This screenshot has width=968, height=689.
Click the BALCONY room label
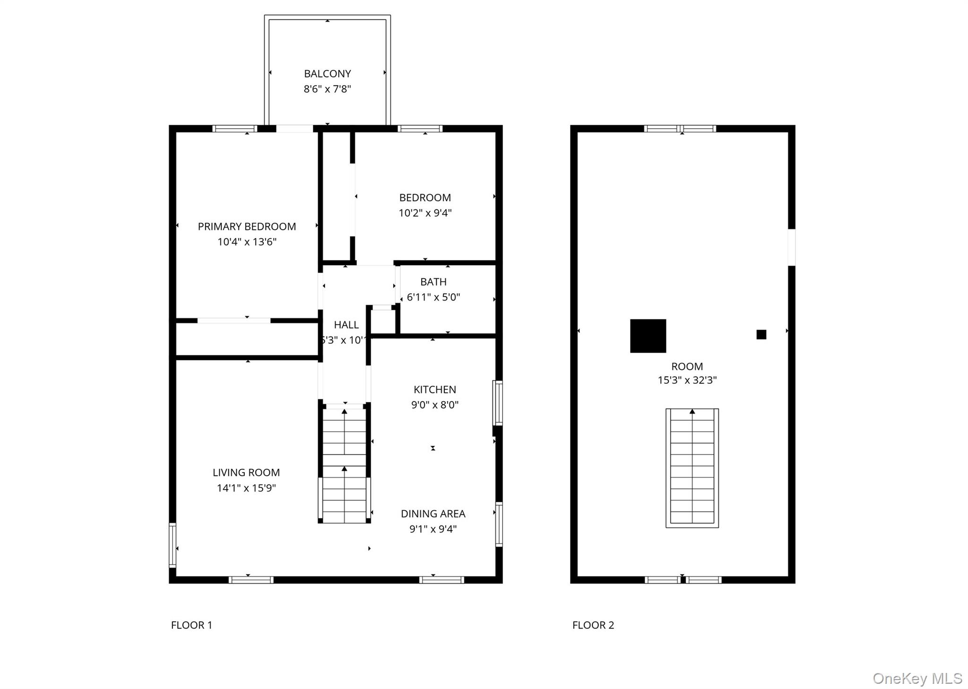pos(327,74)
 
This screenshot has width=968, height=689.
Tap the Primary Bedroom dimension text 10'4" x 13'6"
pos(247,242)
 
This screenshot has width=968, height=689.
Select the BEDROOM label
pos(425,198)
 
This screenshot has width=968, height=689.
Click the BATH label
pos(433,282)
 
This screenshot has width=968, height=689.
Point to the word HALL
pos(346,325)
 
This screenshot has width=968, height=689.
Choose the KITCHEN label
pos(434,389)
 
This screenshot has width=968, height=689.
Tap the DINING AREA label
pos(433,514)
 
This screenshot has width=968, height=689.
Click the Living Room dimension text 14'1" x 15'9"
pos(246,488)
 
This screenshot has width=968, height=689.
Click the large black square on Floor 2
pos(648,336)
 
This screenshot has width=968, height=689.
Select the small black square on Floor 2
pos(761,335)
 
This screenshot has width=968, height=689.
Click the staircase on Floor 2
pos(692,468)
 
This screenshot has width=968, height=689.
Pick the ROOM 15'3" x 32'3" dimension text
pos(687,380)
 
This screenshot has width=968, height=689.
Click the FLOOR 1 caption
pos(191,625)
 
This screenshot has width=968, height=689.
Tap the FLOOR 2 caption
pos(593,625)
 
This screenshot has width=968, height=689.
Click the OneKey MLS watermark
pos(917,678)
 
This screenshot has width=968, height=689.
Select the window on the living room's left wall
pos(173,545)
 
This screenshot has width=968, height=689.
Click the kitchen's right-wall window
pos(498,403)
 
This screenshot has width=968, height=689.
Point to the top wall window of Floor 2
pos(680,129)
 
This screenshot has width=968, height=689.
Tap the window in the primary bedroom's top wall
pos(234,129)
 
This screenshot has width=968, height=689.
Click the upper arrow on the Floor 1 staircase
pos(345,412)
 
